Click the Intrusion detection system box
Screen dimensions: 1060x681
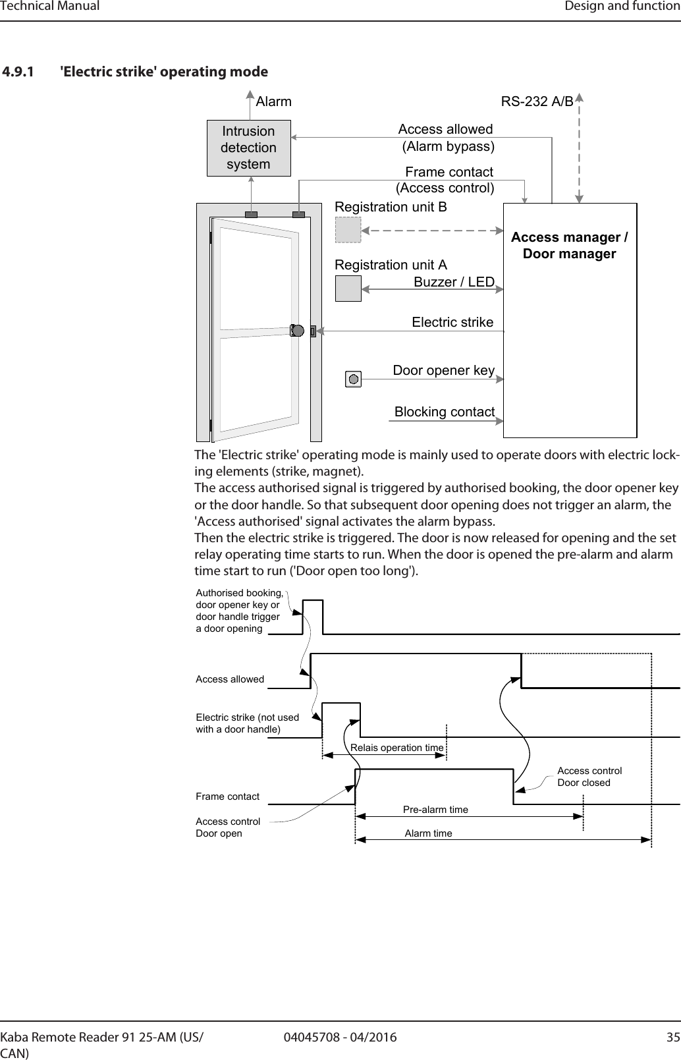pyautogui.click(x=248, y=148)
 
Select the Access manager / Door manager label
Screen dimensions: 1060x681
pyautogui.click(x=570, y=245)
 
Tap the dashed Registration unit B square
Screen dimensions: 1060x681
pyautogui.click(x=348, y=230)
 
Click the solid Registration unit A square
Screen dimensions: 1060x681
pyautogui.click(x=348, y=288)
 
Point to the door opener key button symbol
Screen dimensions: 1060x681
pyautogui.click(x=354, y=379)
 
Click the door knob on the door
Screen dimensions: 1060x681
pyautogui.click(x=296, y=331)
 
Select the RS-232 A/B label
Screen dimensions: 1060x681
pyautogui.click(x=537, y=102)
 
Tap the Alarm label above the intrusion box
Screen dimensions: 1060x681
pyautogui.click(x=273, y=102)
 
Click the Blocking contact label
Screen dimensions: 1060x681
pyautogui.click(x=445, y=412)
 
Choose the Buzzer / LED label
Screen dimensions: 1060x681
pyautogui.click(x=454, y=282)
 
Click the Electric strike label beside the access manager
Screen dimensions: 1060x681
pyautogui.click(x=452, y=322)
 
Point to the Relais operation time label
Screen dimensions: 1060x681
pyautogui.click(x=397, y=748)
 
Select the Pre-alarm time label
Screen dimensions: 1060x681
pyautogui.click(x=435, y=809)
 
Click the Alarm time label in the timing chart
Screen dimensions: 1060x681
pyautogui.click(x=428, y=833)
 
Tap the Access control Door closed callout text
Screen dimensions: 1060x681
pyautogui.click(x=589, y=777)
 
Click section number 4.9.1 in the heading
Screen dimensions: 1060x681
pyautogui.click(x=20, y=71)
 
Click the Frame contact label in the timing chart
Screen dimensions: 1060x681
pyautogui.click(x=228, y=796)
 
